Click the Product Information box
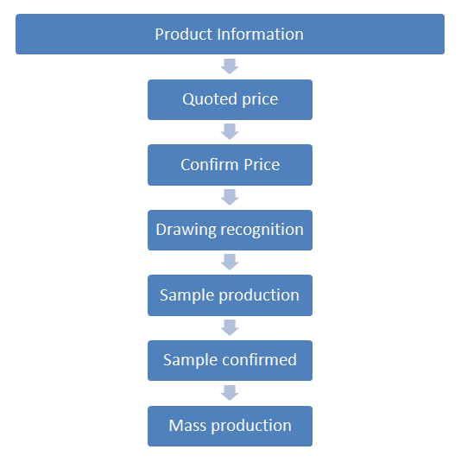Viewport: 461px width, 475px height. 230,34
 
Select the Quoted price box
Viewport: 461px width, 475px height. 230,99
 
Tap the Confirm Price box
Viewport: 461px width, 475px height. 230,165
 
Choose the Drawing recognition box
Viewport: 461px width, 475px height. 230,230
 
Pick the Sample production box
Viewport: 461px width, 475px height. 230,295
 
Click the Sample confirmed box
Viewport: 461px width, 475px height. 230,360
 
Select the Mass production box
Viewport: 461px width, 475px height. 230,426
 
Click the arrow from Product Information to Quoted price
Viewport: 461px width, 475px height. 230,66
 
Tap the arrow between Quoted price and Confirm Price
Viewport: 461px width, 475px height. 230,132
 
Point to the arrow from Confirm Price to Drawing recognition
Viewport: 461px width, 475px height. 230,198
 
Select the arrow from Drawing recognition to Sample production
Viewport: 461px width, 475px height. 230,263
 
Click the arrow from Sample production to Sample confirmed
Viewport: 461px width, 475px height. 230,328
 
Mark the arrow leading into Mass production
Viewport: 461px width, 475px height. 230,393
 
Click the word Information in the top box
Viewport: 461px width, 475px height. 260,34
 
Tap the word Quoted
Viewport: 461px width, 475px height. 210,99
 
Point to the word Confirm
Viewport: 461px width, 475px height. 209,164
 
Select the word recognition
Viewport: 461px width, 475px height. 262,230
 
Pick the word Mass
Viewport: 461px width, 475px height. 187,425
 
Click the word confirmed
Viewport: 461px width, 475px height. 259,360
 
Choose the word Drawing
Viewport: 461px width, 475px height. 186,230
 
